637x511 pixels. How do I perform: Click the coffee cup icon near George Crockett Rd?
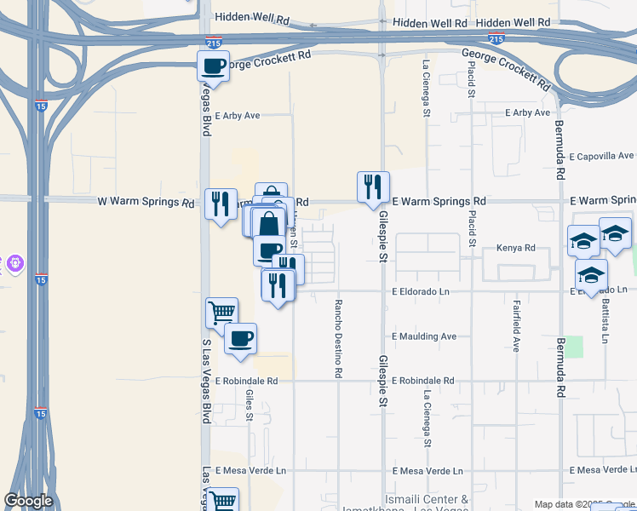[x=213, y=65]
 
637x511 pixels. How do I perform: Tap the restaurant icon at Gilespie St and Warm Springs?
[x=372, y=187]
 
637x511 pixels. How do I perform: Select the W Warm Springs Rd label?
[x=146, y=202]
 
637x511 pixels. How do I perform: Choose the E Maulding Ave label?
[x=424, y=336]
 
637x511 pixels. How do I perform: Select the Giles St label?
[x=250, y=405]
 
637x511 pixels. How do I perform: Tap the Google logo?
[x=28, y=501]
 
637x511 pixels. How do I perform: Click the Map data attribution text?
[x=584, y=504]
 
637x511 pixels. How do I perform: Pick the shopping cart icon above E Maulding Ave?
[x=221, y=312]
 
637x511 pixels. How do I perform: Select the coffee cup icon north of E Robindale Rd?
[x=240, y=338]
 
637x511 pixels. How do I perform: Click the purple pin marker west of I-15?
[x=13, y=264]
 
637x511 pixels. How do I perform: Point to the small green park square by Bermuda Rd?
[x=575, y=347]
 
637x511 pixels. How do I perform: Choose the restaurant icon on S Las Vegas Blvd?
[x=221, y=204]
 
